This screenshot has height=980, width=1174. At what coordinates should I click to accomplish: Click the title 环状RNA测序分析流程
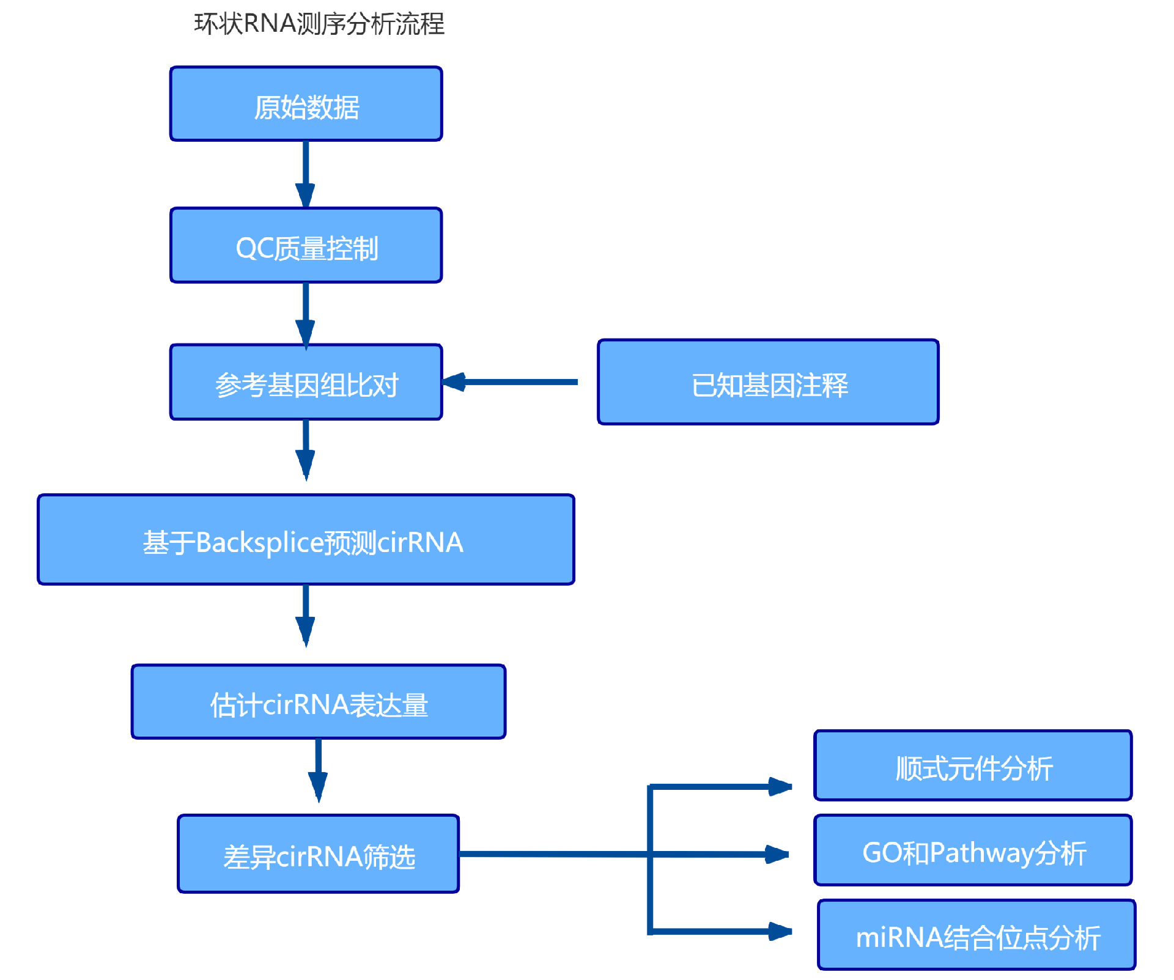click(319, 24)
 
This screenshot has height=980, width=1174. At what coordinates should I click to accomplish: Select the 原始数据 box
click(306, 105)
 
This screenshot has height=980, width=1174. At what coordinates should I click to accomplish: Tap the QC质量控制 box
click(306, 246)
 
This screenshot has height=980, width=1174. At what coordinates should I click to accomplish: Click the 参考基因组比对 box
click(306, 383)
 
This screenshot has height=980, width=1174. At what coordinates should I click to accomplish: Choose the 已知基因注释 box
click(768, 383)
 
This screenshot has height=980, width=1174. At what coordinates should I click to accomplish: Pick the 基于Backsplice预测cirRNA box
click(306, 540)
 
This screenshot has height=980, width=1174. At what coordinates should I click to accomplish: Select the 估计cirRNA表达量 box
click(319, 702)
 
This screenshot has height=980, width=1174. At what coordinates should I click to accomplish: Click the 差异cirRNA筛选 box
click(319, 854)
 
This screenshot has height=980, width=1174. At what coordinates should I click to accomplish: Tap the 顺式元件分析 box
click(973, 766)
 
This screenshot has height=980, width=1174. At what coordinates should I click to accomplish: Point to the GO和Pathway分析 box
click(973, 851)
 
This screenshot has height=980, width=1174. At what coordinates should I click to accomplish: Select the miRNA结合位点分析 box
click(976, 935)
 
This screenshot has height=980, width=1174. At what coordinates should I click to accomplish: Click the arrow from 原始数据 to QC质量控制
click(306, 174)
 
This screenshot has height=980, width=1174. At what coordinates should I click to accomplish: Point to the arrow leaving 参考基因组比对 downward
click(306, 449)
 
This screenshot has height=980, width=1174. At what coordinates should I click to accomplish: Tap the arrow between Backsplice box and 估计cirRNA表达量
click(306, 614)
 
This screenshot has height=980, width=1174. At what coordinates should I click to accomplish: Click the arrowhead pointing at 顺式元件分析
click(780, 786)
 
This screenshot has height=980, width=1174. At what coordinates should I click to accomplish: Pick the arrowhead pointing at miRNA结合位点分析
click(780, 931)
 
